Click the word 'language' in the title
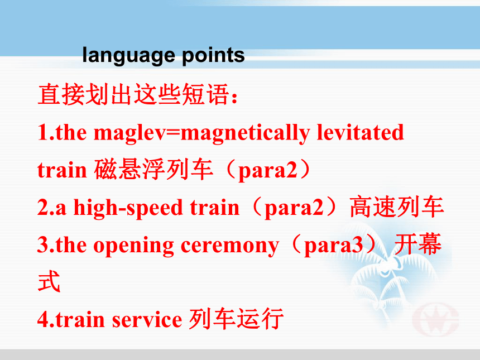(x=128, y=55)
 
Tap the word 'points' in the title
(x=213, y=55)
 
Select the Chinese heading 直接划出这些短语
(x=134, y=94)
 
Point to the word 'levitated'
(x=361, y=132)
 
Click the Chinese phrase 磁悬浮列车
(x=153, y=169)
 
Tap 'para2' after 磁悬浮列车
(x=267, y=171)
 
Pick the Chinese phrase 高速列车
(x=397, y=207)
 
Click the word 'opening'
(x=134, y=246)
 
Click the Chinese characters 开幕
(x=418, y=244)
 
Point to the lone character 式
(x=49, y=281)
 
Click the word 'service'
(x=147, y=320)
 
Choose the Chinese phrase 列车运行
(x=236, y=319)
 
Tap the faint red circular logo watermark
(x=435, y=319)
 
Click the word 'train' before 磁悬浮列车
(x=62, y=170)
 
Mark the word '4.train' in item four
(x=71, y=319)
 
